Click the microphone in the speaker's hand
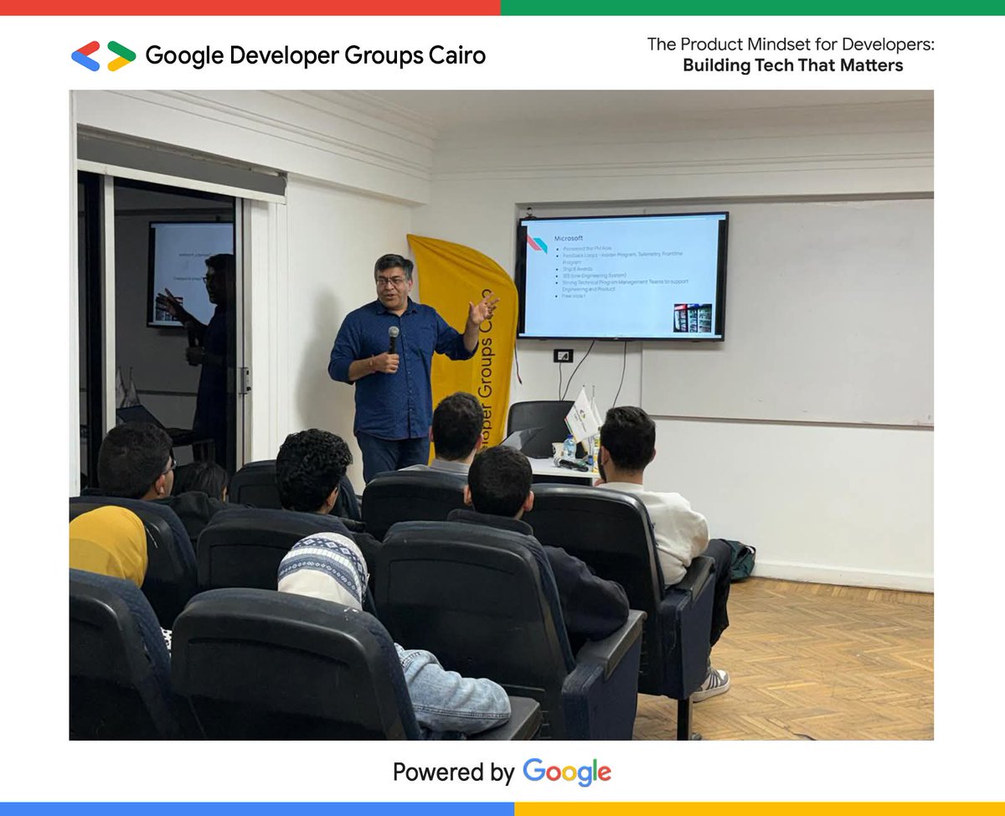pos(393,338)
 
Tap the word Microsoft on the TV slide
pos(569,238)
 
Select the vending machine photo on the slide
pos(693,318)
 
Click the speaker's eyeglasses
pos(392,281)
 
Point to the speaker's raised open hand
pos(483,310)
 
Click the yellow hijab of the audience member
pos(109,545)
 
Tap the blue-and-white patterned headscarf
pos(322,570)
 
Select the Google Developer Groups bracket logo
pos(103,56)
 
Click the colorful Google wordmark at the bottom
pos(567,772)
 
